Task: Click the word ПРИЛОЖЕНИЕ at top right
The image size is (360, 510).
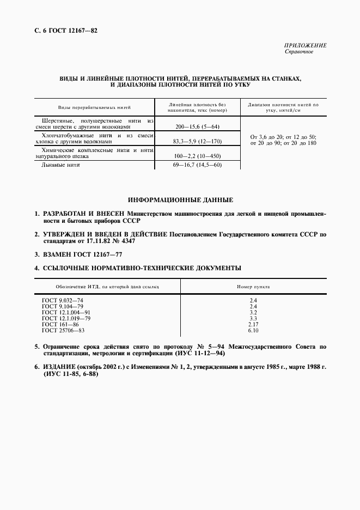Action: (x=306, y=46)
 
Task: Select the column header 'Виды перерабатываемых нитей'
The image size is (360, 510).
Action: (x=95, y=107)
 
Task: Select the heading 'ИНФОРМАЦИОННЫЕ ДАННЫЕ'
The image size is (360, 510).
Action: (x=180, y=199)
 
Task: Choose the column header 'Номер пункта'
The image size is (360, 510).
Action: (x=253, y=286)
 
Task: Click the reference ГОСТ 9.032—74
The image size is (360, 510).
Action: (x=63, y=301)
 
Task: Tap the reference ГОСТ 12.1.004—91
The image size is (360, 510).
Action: (x=66, y=313)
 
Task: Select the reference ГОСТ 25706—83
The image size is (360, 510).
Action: (x=64, y=330)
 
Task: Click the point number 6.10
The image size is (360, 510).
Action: (x=253, y=330)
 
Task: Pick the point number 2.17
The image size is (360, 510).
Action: (x=253, y=324)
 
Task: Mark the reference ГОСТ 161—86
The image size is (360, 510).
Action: (x=61, y=324)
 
